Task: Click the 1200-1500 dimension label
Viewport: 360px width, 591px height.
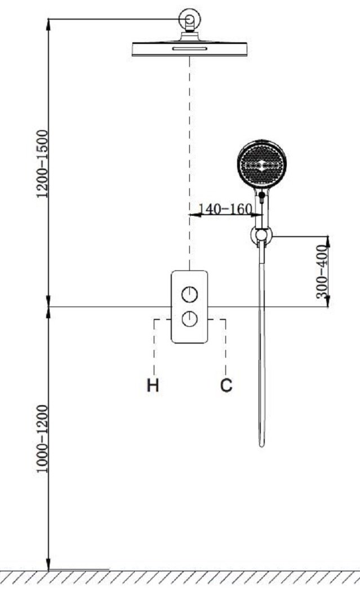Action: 42,163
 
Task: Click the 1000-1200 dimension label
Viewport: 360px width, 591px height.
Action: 42,439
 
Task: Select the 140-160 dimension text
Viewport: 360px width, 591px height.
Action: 225,209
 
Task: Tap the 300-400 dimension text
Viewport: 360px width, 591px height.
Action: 321,272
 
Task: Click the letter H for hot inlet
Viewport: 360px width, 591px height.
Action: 153,385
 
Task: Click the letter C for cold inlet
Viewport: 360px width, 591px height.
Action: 226,385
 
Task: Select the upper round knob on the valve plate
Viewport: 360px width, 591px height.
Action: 190,294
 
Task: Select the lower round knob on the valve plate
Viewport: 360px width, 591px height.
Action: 190,319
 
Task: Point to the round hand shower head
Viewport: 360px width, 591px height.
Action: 262,164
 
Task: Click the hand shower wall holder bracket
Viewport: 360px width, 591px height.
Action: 261,235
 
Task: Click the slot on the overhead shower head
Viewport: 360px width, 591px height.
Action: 190,48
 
